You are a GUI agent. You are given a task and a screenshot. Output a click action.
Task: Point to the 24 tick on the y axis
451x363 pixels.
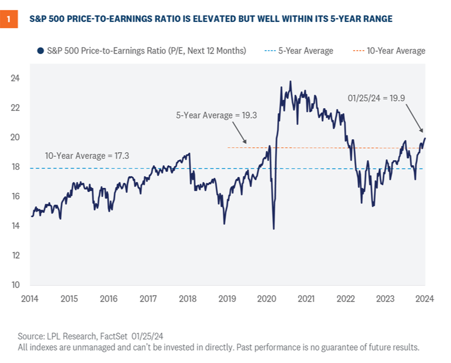click(x=15, y=78)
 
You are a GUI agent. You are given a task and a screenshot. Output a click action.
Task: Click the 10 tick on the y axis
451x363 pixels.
click(x=15, y=285)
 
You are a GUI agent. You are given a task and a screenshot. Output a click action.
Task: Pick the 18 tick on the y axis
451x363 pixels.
click(x=15, y=167)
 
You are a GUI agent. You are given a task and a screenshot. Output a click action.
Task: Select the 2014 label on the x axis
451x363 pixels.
click(x=30, y=299)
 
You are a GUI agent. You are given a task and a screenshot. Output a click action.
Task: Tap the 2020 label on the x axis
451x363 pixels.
click(x=267, y=299)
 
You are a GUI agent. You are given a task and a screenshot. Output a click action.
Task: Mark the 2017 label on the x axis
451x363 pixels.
click(x=149, y=299)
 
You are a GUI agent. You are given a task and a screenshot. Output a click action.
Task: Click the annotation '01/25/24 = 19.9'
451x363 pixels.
click(x=376, y=98)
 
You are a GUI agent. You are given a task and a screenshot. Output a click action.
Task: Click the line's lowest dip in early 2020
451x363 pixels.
click(x=274, y=228)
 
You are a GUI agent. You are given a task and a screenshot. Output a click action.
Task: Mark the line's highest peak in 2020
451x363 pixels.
click(x=291, y=81)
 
